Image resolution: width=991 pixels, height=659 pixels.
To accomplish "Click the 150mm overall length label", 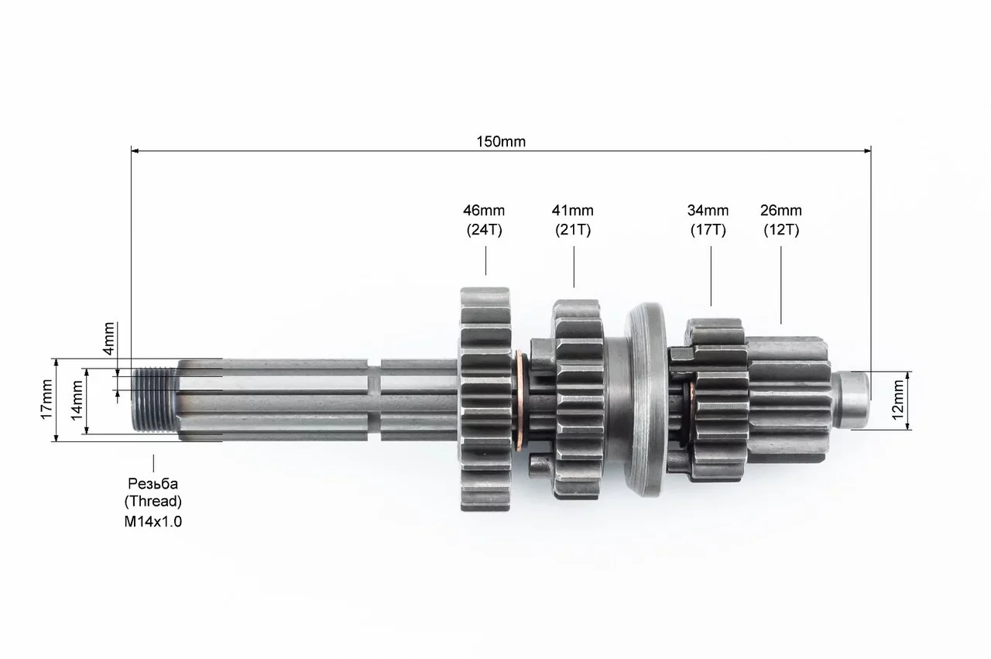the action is click(x=501, y=142).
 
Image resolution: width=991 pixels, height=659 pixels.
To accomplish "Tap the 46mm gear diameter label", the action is click(x=484, y=210).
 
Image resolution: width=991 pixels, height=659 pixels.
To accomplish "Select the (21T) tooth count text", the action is click(x=573, y=230).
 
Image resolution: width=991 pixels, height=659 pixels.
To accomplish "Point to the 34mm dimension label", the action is click(x=708, y=210).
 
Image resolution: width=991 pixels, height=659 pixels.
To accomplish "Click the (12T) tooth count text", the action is click(x=781, y=230).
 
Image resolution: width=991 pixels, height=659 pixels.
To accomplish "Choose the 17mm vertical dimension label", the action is click(x=46, y=400).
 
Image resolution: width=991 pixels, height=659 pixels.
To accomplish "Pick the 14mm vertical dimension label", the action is click(x=77, y=401).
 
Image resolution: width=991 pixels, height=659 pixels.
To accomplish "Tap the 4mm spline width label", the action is click(x=108, y=339).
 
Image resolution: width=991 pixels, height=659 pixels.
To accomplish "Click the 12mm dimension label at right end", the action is click(x=897, y=400).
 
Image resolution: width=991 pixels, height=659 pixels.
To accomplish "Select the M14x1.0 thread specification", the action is click(x=153, y=521).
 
